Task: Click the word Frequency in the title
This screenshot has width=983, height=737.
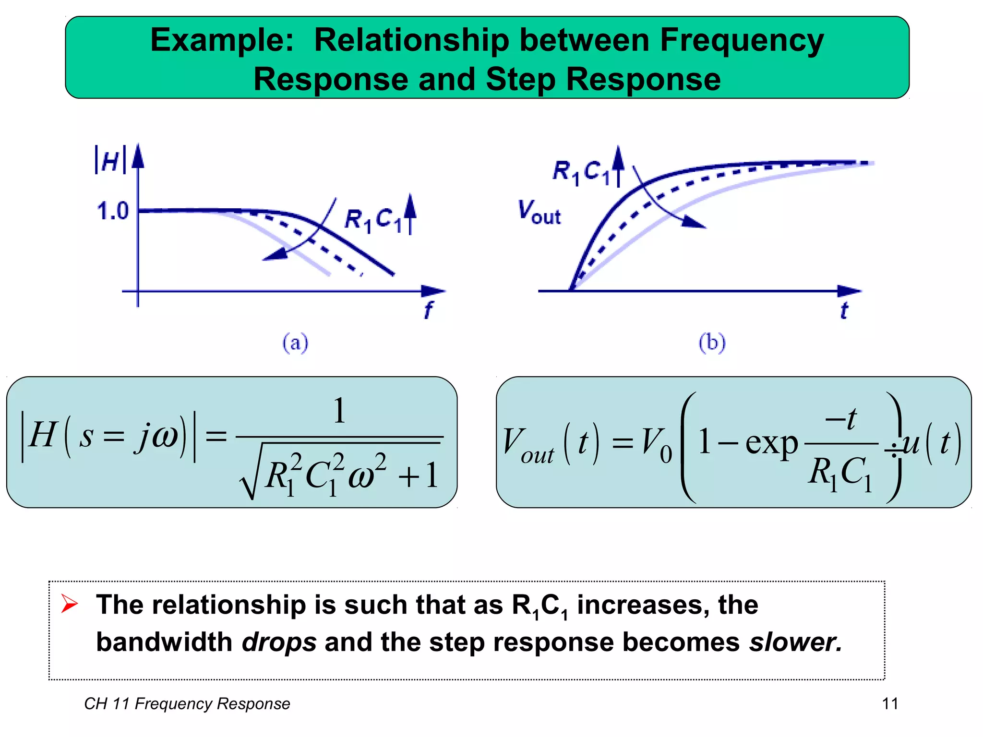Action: click(742, 40)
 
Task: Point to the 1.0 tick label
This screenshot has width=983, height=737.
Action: click(113, 211)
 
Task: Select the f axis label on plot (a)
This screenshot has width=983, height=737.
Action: click(428, 309)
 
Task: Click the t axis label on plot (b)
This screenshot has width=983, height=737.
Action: click(844, 310)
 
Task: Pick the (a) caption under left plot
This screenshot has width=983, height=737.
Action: click(295, 343)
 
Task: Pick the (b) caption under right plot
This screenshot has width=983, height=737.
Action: click(712, 343)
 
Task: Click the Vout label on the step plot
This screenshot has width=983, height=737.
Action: click(539, 213)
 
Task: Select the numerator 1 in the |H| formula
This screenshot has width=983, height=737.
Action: click(339, 411)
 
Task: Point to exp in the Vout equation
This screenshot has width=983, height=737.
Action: click(771, 443)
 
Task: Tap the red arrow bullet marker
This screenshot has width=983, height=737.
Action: click(69, 604)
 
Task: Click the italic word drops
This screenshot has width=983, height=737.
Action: click(279, 642)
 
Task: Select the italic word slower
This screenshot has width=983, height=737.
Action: click(795, 642)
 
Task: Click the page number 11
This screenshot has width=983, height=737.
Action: click(890, 703)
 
